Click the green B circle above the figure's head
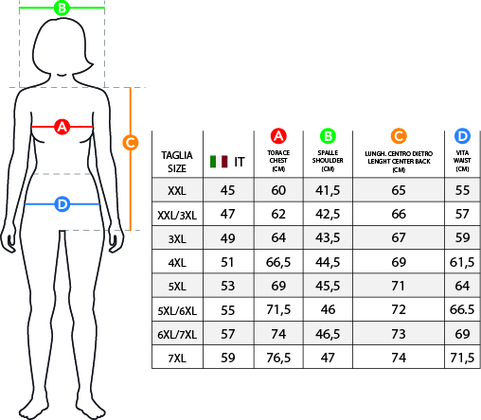62,8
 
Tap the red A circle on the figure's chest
62,127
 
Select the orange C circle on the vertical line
131,143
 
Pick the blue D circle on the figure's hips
62,204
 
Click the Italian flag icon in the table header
219,162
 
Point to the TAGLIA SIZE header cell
177,162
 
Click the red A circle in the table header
278,136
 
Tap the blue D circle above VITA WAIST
462,136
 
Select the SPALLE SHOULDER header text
328,157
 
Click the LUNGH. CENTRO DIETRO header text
399,153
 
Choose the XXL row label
177,191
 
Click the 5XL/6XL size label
177,311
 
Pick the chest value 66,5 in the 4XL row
278,262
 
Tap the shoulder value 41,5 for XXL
328,190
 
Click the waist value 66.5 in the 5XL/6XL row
462,309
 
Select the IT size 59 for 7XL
227,358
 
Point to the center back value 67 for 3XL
399,237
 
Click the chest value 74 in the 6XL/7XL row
278,334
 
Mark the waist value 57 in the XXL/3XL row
462,214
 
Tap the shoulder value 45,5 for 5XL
328,286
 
